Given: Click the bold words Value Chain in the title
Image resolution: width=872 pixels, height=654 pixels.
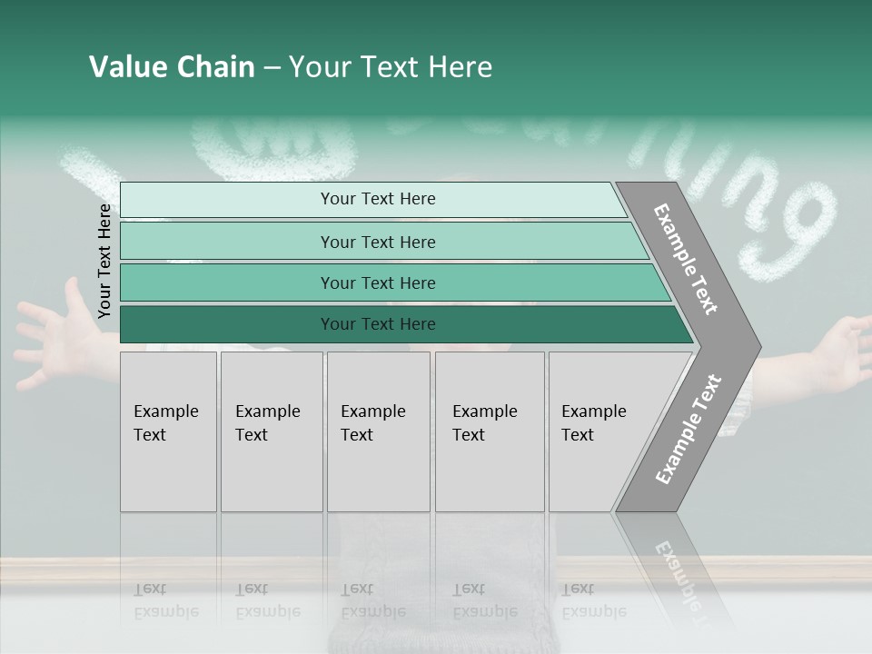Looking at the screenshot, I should tap(172, 67).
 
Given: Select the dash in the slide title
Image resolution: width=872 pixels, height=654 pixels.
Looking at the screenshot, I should tap(272, 68).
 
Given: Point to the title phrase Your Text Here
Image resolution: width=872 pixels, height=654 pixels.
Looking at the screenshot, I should tap(391, 67).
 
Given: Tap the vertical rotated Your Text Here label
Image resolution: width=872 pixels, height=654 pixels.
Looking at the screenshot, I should tap(104, 262).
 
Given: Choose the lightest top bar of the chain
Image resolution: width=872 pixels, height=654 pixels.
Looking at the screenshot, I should tap(377, 199).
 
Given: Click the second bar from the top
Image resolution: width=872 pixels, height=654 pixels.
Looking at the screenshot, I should tap(377, 242).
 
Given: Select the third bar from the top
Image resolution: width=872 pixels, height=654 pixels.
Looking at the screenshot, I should tap(377, 282).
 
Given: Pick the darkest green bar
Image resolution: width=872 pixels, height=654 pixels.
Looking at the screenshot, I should tap(377, 324).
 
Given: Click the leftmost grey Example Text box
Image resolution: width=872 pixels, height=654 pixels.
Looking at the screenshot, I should tap(168, 431).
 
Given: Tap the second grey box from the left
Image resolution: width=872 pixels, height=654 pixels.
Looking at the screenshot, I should tap(271, 431).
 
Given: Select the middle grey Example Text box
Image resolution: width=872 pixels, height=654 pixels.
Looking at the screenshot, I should tap(378, 431).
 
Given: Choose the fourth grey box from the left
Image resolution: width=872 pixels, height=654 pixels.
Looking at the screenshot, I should tap(490, 431).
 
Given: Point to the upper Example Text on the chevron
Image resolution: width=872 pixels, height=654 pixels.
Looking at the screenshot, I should tap(686, 260).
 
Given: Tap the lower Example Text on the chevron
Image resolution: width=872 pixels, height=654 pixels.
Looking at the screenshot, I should tap(689, 429).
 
